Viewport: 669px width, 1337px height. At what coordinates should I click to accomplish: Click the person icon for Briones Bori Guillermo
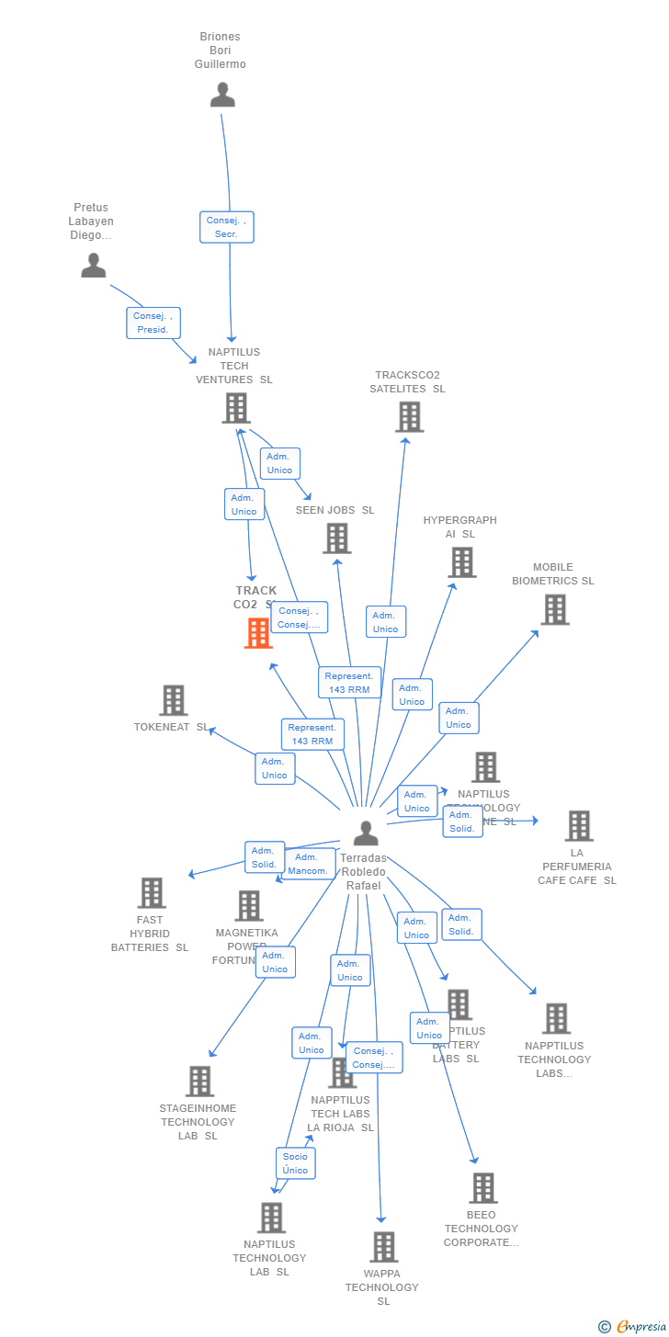(x=222, y=96)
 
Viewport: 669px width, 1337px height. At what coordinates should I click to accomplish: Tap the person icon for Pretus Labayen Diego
(x=94, y=266)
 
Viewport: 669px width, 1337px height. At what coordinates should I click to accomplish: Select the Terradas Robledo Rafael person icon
(x=366, y=833)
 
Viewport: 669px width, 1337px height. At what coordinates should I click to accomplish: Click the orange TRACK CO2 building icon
(x=258, y=633)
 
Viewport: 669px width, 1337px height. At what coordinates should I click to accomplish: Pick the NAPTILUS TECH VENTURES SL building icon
(x=236, y=408)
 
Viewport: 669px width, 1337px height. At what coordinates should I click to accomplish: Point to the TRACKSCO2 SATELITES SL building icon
(x=409, y=416)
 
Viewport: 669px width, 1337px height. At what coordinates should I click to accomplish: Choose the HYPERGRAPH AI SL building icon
(x=461, y=562)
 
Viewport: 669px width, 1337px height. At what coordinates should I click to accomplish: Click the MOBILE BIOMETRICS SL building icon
(x=554, y=609)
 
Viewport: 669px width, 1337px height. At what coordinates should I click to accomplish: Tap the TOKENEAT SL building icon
(x=173, y=700)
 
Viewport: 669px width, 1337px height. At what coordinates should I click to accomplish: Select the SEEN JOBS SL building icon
(x=337, y=538)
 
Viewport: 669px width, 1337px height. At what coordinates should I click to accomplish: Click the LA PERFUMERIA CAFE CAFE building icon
(x=578, y=826)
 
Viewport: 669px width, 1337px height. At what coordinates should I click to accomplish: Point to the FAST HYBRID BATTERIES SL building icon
(x=152, y=892)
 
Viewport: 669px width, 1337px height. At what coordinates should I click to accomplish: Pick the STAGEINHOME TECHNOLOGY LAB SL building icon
(x=199, y=1082)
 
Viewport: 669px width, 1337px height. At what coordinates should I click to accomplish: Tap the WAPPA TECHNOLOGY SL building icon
(x=383, y=1247)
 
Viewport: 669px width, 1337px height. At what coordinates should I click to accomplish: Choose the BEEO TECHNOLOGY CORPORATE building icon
(x=482, y=1188)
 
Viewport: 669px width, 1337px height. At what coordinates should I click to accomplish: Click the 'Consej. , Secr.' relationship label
(x=227, y=227)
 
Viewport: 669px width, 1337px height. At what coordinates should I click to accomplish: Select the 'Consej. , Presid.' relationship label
(x=153, y=323)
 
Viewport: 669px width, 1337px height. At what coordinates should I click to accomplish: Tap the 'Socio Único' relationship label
(x=296, y=1163)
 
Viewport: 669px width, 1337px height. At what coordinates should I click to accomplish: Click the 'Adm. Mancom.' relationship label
(x=308, y=864)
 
